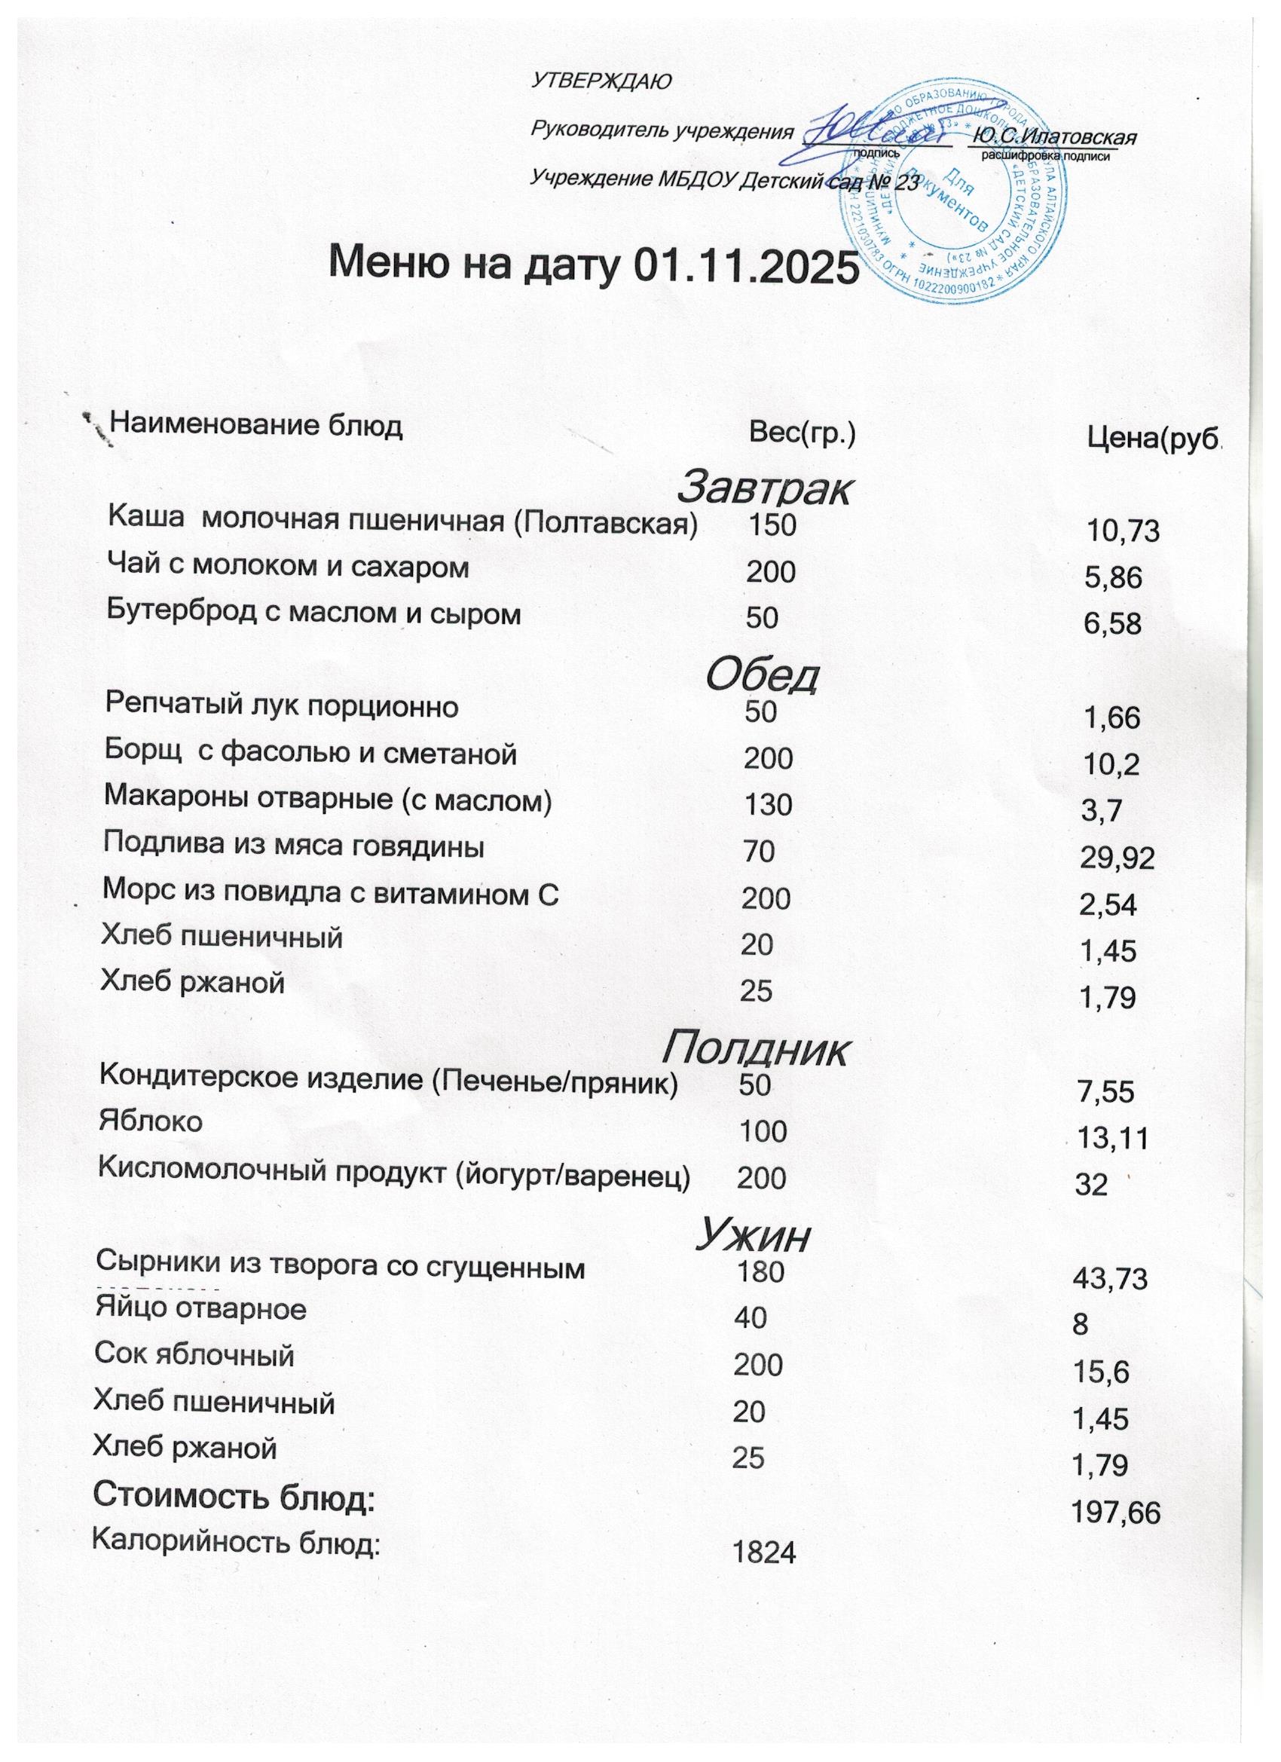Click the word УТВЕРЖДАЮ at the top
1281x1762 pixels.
600,80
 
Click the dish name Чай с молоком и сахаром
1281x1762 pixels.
288,567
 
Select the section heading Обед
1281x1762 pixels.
761,675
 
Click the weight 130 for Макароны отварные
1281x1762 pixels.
768,805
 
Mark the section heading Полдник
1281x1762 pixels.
754,1049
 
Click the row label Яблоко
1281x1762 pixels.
151,1121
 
